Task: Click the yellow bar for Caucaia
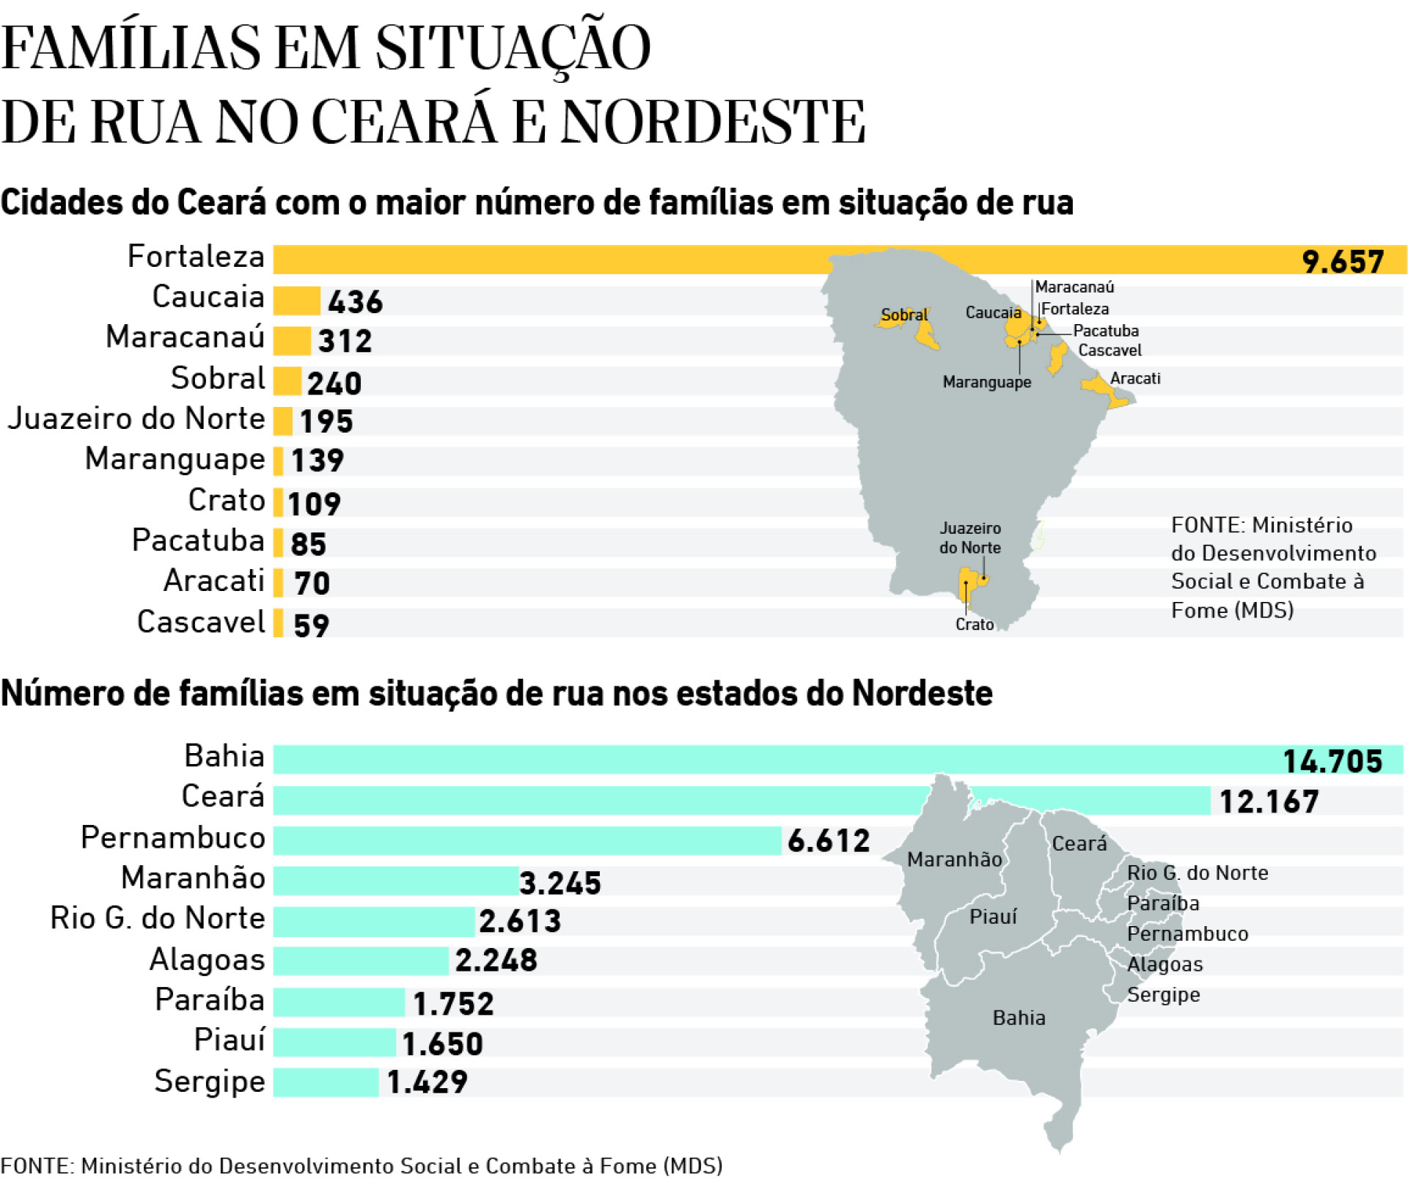pos(297,301)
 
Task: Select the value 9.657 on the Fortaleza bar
pos(1342,262)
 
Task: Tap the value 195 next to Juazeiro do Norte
pos(326,422)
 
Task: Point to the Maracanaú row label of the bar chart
pos(185,337)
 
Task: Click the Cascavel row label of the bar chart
pos(201,622)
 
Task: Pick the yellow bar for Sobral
pos(287,381)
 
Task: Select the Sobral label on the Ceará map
pos(903,315)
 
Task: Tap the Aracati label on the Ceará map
pos(1135,378)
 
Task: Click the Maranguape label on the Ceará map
pos(986,382)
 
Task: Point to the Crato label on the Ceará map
pos(975,624)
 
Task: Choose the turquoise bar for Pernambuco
pos(527,840)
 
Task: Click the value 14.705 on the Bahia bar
pos(1332,761)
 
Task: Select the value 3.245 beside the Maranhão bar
pos(560,883)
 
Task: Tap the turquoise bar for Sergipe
pos(326,1082)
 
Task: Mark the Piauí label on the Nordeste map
pos(993,917)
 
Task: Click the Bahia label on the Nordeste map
pos(1019,1018)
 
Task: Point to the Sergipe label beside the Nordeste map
pos(1163,995)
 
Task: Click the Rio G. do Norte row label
pos(158,918)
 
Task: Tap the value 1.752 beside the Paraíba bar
pos(453,1004)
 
